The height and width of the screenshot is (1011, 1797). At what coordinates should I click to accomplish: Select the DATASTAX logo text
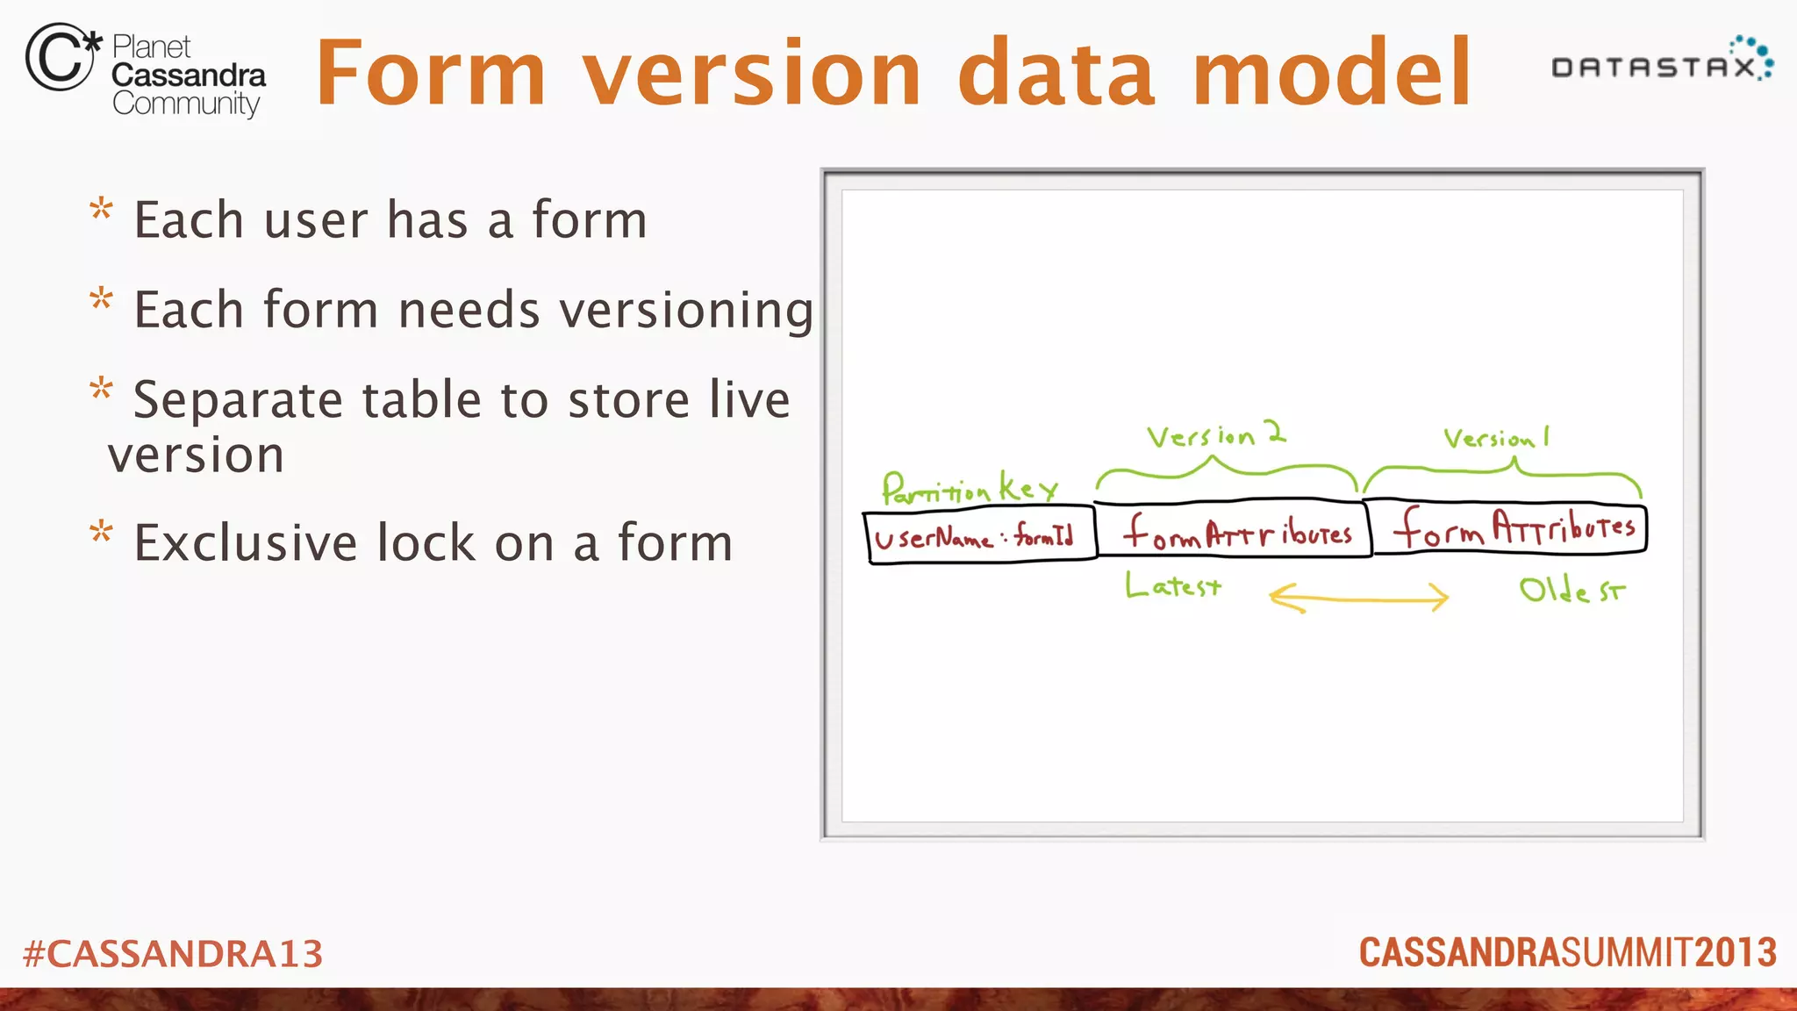click(1654, 67)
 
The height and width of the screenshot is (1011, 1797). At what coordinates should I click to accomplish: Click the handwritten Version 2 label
click(1216, 434)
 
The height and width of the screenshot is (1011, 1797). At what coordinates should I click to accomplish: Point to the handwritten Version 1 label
click(1497, 437)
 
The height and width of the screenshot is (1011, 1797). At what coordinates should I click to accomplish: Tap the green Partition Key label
click(969, 488)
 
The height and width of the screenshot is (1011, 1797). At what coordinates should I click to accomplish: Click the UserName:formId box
click(980, 535)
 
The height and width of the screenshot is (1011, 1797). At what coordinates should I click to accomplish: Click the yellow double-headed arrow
click(1358, 599)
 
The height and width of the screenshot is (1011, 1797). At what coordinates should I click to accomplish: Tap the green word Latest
click(1173, 585)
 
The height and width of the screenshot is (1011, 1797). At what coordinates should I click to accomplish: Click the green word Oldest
click(1571, 591)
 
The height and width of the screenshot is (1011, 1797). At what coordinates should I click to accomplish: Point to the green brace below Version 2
click(1226, 474)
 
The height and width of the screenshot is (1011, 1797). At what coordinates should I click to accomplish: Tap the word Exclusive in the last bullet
click(245, 542)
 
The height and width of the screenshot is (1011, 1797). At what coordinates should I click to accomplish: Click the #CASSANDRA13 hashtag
click(173, 954)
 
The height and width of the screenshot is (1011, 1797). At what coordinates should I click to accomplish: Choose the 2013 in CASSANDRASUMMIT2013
click(1735, 953)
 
